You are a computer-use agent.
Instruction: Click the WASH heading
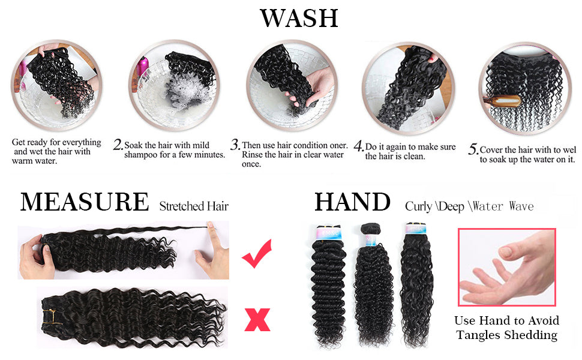point(299,18)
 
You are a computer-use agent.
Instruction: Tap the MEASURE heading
point(85,202)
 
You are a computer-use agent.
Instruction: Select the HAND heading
point(352,202)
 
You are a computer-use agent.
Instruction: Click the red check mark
point(257,254)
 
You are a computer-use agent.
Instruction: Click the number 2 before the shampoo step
point(118,145)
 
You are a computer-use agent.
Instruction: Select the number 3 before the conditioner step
point(235,145)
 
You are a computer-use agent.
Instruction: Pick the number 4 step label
point(359,146)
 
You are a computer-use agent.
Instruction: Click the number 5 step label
point(473,149)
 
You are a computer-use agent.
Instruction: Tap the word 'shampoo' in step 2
point(140,155)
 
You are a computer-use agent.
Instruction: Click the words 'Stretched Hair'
point(194,206)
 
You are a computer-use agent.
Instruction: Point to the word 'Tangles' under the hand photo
point(480,335)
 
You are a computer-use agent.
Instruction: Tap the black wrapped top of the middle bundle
point(371,227)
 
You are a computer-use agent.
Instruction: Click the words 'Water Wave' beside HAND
point(503,206)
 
